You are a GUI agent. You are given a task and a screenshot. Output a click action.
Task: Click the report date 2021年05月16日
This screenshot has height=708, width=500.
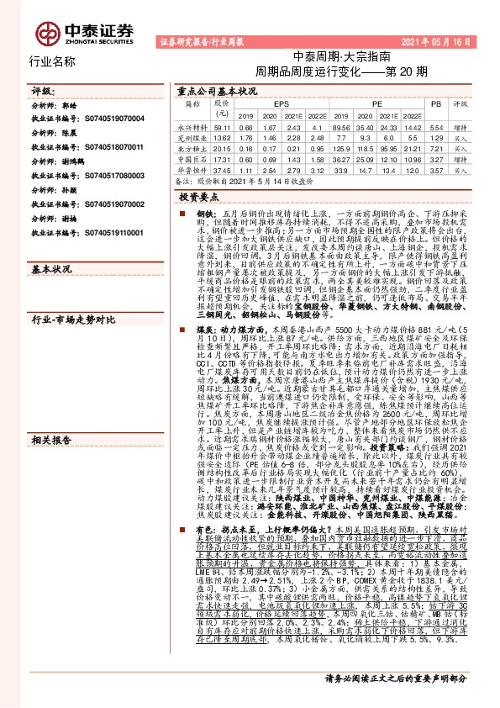click(443, 40)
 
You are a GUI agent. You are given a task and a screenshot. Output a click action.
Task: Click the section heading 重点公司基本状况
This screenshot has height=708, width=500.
click(210, 90)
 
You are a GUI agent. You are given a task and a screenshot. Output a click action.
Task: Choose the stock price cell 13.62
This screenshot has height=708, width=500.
click(223, 136)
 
